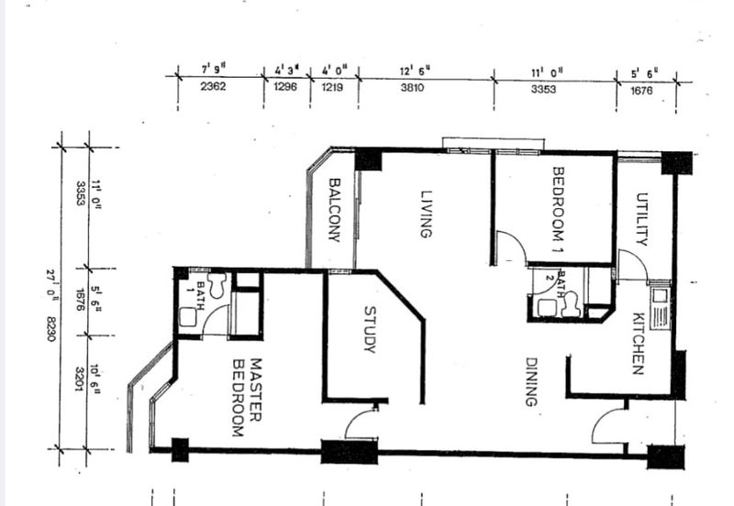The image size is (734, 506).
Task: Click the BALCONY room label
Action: click(334, 210)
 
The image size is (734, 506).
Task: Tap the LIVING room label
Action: click(426, 214)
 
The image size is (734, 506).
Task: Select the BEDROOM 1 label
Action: click(558, 210)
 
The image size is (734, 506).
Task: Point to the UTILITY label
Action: click(641, 219)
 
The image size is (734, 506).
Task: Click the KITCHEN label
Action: click(639, 343)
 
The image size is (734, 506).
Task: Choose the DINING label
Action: click(531, 381)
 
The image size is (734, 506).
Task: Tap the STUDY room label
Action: click(370, 330)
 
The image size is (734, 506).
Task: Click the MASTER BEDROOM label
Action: click(247, 398)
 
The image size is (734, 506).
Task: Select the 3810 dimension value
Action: click(412, 87)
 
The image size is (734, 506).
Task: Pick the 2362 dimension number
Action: click(213, 86)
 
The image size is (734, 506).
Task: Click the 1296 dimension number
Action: click(285, 86)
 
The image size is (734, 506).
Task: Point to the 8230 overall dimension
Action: click(51, 329)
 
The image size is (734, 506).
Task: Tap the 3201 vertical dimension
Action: click(80, 379)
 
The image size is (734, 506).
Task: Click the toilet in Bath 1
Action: click(217, 284)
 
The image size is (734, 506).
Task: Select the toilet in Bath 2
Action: click(572, 304)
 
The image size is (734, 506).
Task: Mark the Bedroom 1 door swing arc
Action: click(518, 239)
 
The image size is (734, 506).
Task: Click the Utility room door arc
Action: click(638, 258)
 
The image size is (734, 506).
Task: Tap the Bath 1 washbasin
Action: click(189, 316)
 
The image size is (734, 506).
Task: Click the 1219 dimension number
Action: click(332, 87)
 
